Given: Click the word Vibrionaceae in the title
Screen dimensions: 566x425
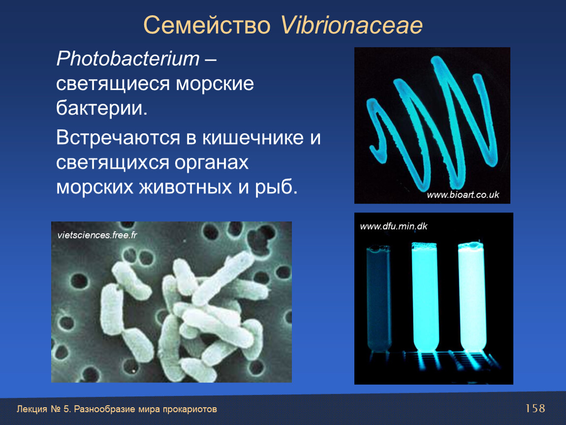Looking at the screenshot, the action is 351,25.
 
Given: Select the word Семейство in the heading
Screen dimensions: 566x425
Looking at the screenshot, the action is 207,25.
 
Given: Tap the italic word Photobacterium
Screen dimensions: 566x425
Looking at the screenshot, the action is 128,59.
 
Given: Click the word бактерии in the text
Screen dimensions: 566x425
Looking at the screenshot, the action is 102,108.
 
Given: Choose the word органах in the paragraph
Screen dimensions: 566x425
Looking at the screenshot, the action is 212,163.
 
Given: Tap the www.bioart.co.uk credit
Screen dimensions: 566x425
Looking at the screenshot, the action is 463,195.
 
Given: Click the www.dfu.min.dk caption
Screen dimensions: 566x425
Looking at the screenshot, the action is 393,226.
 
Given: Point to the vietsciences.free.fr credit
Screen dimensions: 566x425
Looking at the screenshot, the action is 97,235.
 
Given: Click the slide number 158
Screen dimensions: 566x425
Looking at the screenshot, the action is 535,408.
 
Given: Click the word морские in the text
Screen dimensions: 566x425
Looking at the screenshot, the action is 215,84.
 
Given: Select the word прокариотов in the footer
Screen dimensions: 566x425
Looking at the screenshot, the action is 190,409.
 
